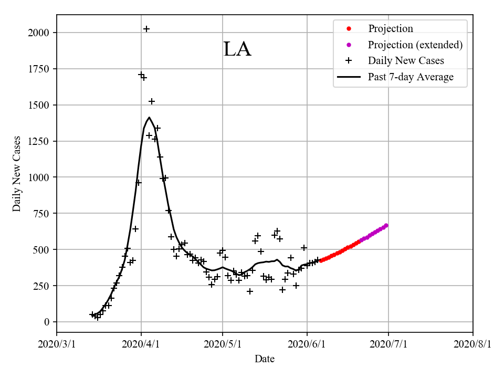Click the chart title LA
(237, 49)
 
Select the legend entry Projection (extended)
(415, 45)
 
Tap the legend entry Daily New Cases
(406, 61)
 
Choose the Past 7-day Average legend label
(411, 77)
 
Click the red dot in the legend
(348, 29)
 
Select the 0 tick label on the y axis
(47, 322)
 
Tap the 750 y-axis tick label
(42, 214)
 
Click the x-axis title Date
(265, 360)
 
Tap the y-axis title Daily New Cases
(17, 174)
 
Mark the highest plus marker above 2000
(146, 29)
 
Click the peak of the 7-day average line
(149, 118)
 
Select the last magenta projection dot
(386, 226)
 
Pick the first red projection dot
(321, 260)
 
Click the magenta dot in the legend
(348, 45)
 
